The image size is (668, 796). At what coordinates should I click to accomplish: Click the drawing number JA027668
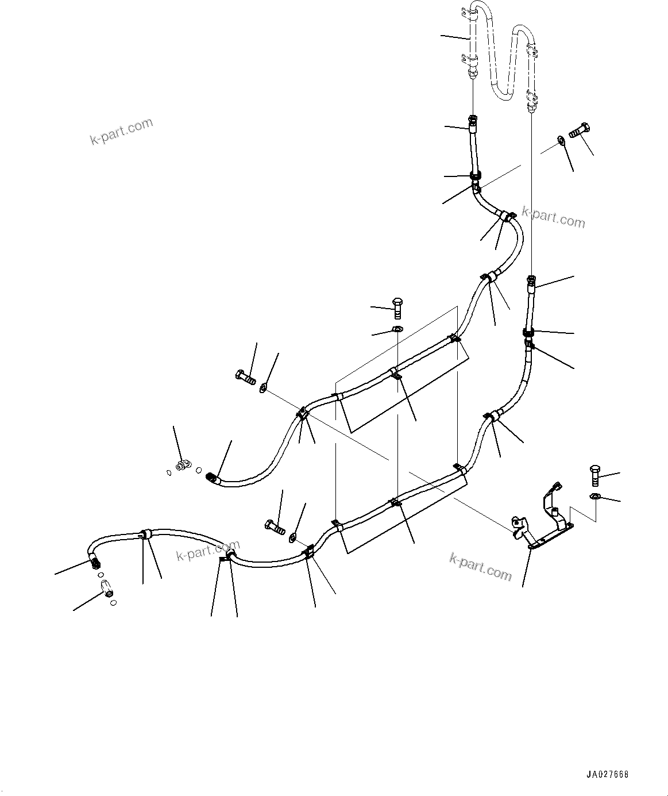click(x=607, y=774)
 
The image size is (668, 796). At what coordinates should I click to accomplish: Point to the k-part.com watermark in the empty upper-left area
click(x=121, y=131)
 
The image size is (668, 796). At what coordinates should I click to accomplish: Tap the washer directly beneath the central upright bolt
click(x=397, y=329)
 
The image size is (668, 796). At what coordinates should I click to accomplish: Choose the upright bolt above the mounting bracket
click(x=594, y=475)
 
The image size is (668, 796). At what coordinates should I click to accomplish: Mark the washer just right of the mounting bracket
click(x=595, y=496)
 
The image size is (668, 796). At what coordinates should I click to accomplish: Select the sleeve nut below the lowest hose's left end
click(x=107, y=587)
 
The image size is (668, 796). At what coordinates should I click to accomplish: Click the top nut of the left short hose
click(x=472, y=120)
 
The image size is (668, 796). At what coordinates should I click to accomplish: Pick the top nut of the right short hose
click(x=531, y=280)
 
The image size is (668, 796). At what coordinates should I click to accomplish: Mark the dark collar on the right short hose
click(x=528, y=332)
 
